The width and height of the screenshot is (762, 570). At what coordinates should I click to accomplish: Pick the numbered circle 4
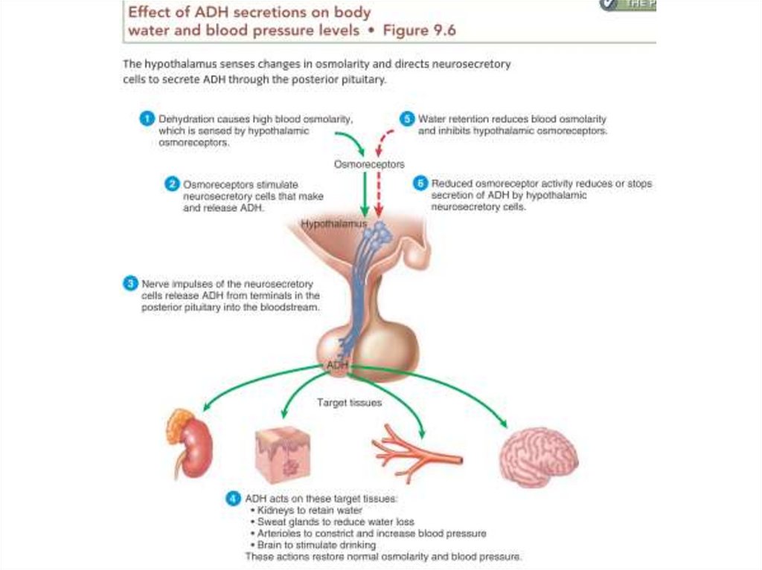pyautogui.click(x=232, y=499)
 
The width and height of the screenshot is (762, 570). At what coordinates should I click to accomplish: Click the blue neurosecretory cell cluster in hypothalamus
pyautogui.click(x=380, y=233)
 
